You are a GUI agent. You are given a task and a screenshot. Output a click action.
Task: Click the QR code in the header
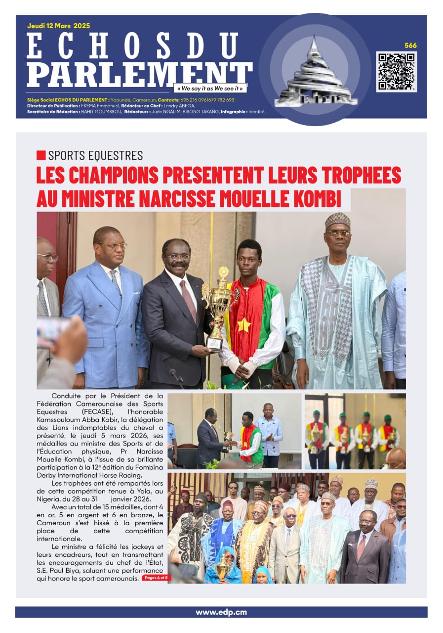tap(396, 71)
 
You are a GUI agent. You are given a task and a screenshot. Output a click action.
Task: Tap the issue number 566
tap(410, 45)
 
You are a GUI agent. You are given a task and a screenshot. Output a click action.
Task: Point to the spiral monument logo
tap(315, 72)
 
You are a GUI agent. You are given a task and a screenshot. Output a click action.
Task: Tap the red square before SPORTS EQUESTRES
tap(41, 155)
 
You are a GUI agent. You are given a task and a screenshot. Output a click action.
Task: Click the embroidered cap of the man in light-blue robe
tap(338, 220)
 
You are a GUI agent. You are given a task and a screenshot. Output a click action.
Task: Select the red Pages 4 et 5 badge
tap(156, 578)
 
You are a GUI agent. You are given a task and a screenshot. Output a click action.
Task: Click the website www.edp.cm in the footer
tap(221, 612)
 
